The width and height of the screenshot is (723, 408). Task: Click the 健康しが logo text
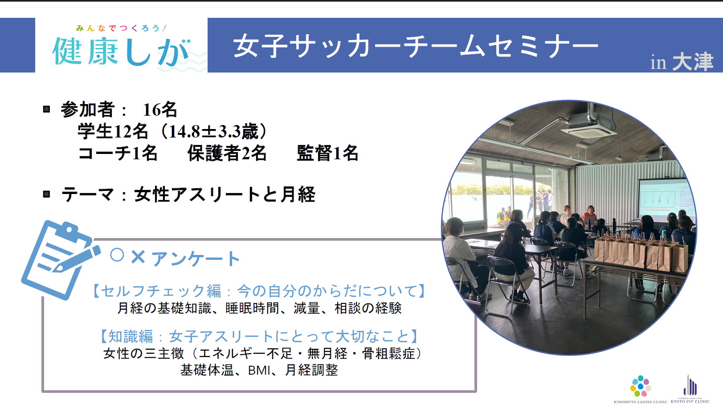tap(121, 52)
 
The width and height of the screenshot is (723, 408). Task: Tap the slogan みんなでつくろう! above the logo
tap(121, 28)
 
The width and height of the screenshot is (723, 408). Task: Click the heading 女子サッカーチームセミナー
tap(416, 46)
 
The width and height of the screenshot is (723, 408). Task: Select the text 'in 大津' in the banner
tap(682, 62)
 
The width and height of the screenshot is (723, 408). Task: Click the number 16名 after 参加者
tap(160, 109)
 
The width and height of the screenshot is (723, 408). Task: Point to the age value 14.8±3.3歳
tap(213, 132)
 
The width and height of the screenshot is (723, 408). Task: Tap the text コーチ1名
tap(118, 153)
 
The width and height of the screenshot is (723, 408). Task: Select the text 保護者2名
tap(227, 153)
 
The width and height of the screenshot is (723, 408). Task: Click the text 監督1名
tap(327, 153)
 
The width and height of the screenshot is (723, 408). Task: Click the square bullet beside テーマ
tap(47, 194)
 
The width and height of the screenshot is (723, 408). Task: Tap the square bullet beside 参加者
tap(47, 109)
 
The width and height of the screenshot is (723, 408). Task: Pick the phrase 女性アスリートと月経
tap(225, 194)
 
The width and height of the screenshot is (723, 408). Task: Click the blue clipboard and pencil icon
tap(60, 260)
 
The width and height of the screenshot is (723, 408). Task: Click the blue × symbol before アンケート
tap(138, 257)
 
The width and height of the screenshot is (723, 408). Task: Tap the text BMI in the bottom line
tap(259, 370)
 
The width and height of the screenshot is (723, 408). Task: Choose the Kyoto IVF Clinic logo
tap(690, 389)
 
